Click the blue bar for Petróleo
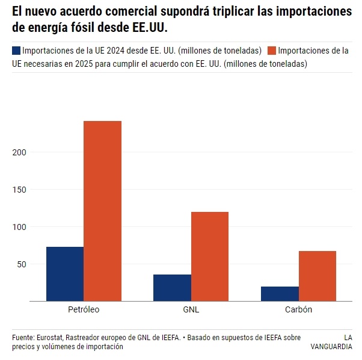[65, 274]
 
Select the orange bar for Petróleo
[102, 211]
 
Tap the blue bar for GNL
[173, 288]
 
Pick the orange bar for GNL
[210, 256]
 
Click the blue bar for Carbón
[280, 294]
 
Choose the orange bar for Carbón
[318, 276]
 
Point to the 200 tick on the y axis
[20, 152]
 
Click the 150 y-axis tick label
[20, 190]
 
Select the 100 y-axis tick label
[20, 227]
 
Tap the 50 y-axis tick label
[22, 264]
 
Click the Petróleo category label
[84, 310]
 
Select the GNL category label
[191, 310]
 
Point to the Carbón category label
[299, 310]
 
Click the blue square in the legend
[16, 51]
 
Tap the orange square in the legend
[272, 51]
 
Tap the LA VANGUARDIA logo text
[331, 342]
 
